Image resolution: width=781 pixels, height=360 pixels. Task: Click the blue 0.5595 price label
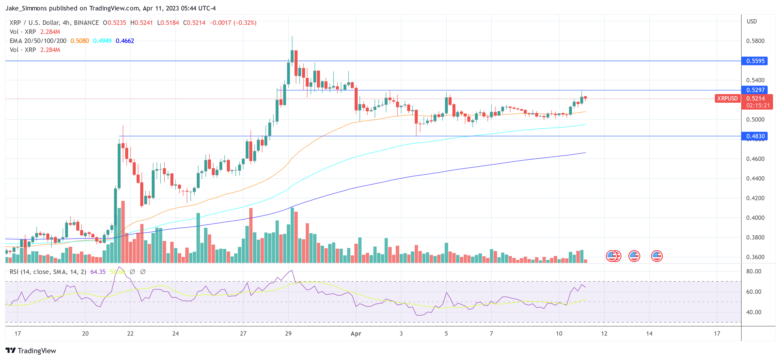[755, 61]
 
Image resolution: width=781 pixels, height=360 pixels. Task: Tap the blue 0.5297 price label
[755, 90]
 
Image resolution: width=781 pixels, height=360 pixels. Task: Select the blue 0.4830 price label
[755, 136]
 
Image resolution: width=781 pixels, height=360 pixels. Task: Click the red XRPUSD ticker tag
[727, 98]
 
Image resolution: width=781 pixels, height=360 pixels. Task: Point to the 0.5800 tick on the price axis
[755, 41]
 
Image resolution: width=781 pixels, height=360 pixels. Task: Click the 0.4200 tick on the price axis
[755, 198]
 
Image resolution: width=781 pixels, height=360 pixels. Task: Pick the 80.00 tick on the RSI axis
[753, 271]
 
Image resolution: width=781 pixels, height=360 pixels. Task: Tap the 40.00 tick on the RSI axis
[753, 312]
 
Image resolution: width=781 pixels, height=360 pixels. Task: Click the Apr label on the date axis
[356, 334]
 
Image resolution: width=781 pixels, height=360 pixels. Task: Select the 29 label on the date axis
[288, 334]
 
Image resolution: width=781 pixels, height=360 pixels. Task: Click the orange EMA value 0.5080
[80, 41]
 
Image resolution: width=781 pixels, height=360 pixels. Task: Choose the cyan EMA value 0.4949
[102, 41]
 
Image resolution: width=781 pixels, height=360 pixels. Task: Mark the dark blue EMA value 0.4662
[125, 41]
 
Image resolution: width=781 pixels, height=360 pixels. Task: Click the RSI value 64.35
[98, 272]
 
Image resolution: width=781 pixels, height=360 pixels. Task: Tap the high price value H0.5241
[142, 23]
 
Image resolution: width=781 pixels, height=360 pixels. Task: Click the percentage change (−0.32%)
[245, 23]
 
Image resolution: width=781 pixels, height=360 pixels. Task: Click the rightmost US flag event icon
[657, 256]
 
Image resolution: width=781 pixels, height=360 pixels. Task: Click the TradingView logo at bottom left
[31, 351]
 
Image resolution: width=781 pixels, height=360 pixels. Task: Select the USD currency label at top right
[751, 22]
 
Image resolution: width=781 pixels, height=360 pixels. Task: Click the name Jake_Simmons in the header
[26, 8]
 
